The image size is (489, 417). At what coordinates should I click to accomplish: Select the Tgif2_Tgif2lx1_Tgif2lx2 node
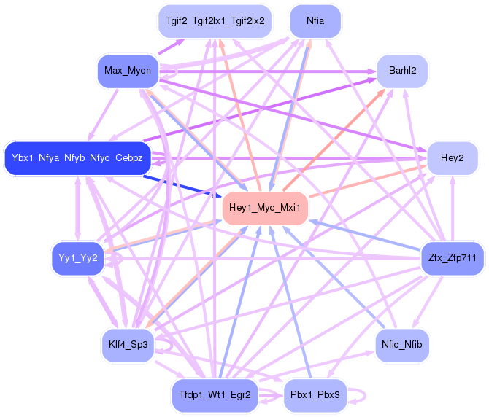[x=215, y=21]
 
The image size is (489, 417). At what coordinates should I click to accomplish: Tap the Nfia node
[x=316, y=21]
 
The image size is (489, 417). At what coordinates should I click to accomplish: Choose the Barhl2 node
[x=402, y=71]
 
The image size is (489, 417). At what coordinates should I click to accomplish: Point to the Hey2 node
[x=453, y=158]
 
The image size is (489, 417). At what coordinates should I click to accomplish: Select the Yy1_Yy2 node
[x=79, y=258]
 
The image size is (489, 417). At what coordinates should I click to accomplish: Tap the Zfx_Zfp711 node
[x=453, y=258]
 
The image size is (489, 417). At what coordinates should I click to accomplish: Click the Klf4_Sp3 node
[x=128, y=344]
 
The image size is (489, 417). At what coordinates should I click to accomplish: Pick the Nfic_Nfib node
[x=402, y=344]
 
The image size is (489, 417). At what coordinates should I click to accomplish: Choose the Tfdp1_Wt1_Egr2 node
[x=215, y=395]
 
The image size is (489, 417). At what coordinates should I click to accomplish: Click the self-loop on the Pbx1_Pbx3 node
[x=358, y=394]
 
